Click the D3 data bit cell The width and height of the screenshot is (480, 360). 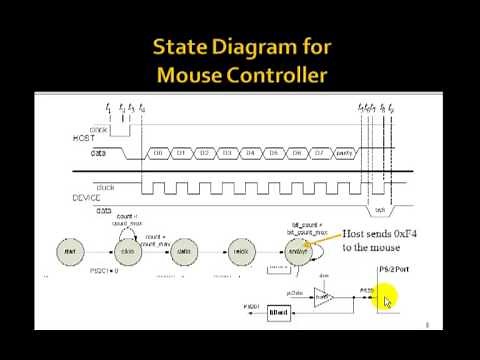click(x=227, y=153)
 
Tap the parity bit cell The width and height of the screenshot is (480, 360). click(x=345, y=153)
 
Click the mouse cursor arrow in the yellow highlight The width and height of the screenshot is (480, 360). click(x=387, y=299)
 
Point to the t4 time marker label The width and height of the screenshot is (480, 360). click(x=142, y=107)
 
